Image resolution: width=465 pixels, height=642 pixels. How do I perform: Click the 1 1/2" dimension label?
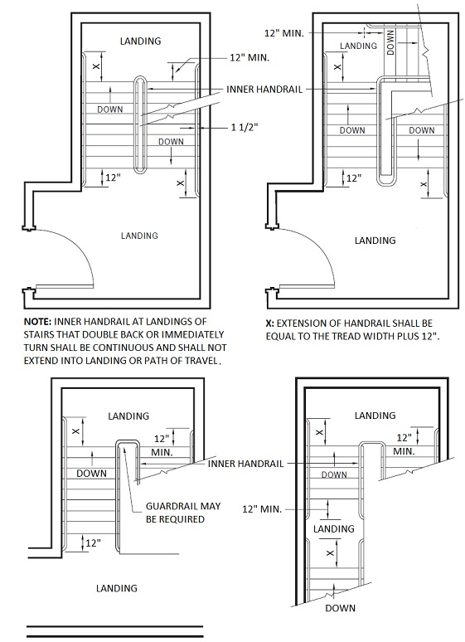pyautogui.click(x=245, y=128)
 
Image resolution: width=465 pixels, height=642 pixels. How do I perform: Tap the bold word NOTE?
pyautogui.click(x=37, y=321)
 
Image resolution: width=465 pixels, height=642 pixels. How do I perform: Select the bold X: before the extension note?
pyautogui.click(x=270, y=323)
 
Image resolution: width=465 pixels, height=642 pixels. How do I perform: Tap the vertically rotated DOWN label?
pyautogui.click(x=390, y=42)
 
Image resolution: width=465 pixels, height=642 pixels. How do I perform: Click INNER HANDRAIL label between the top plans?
pyautogui.click(x=264, y=90)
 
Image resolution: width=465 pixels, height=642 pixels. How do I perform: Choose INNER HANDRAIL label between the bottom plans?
pyautogui.click(x=245, y=464)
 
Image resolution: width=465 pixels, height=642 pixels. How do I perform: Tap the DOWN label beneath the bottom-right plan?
pyautogui.click(x=340, y=608)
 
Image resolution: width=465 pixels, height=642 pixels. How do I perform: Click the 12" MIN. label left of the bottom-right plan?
pyautogui.click(x=262, y=509)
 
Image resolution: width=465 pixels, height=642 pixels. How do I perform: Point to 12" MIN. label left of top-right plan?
pyautogui.click(x=284, y=33)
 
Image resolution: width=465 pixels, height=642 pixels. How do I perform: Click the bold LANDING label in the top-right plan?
pyautogui.click(x=375, y=241)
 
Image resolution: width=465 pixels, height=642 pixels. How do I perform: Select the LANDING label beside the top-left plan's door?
pyautogui.click(x=139, y=236)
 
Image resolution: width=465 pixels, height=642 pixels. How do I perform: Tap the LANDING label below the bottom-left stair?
pyautogui.click(x=117, y=588)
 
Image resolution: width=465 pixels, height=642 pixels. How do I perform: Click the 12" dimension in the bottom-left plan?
pyautogui.click(x=93, y=543)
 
